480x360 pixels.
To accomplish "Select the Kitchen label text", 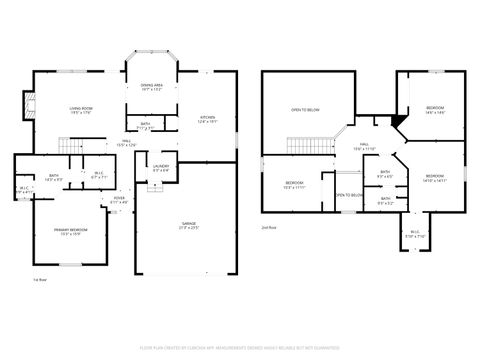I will pos(208,118).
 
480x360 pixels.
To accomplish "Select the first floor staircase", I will pos(70,147).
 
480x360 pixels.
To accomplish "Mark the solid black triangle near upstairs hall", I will pos(398,122).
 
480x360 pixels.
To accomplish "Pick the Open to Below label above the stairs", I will pos(305,109).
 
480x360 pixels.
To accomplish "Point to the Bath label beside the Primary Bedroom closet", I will pos(54,178).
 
